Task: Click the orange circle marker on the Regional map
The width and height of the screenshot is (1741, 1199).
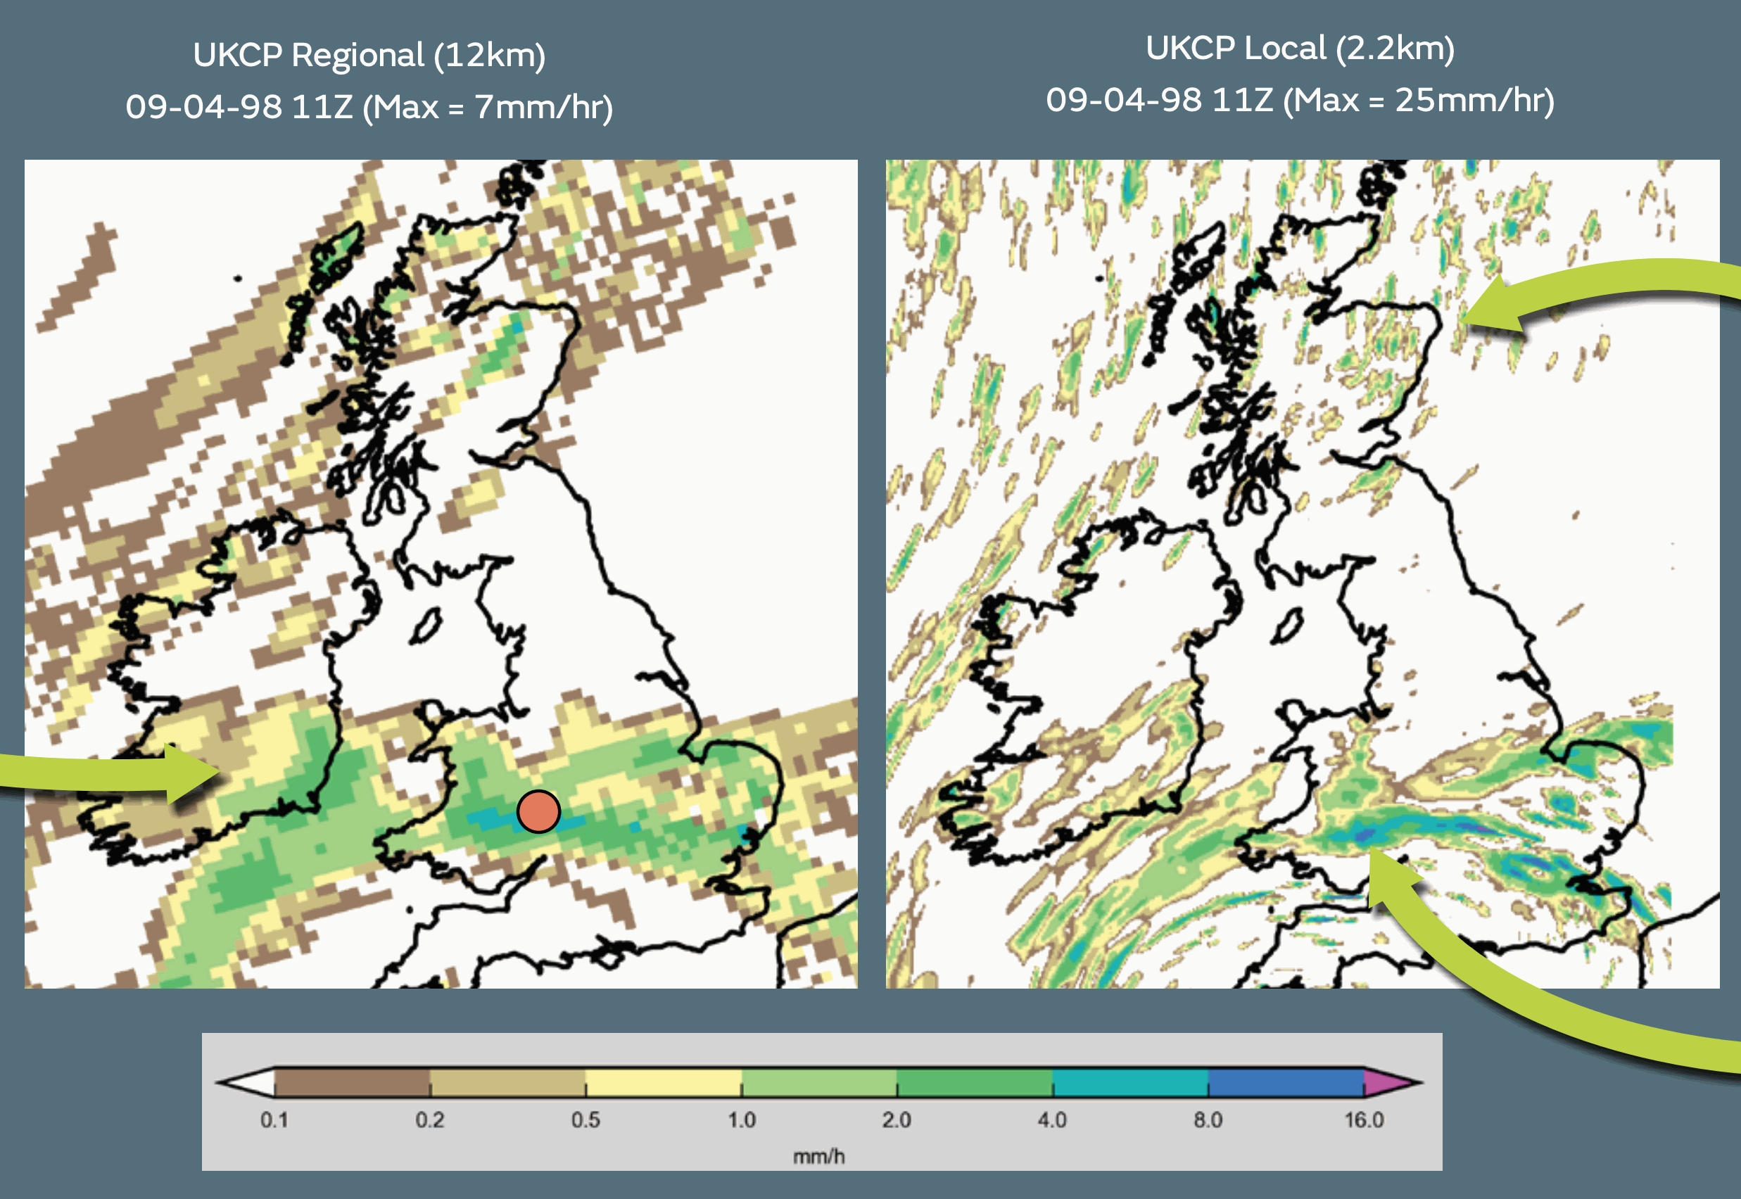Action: pos(538,811)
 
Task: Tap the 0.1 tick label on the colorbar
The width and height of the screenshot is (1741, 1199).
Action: pos(274,1120)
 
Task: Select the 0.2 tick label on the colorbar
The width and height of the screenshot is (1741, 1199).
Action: pos(430,1120)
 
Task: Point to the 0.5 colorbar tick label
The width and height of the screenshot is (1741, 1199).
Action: pos(585,1120)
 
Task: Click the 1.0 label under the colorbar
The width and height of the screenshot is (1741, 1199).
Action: pos(741,1120)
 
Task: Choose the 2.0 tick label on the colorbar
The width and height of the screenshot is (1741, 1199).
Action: pos(897,1120)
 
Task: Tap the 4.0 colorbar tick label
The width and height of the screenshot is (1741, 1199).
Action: pos(1052,1120)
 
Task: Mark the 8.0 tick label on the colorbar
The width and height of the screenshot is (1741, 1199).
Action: pos(1208,1120)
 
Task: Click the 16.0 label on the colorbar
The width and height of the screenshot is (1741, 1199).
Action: pos(1364,1120)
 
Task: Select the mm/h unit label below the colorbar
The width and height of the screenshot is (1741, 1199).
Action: pos(819,1156)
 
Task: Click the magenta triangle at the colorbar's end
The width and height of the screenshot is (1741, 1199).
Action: pos(1386,1083)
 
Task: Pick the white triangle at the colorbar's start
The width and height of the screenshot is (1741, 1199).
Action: pos(252,1083)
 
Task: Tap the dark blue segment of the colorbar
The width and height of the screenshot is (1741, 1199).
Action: pos(1286,1083)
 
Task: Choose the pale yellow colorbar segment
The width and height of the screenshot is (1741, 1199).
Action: pos(664,1083)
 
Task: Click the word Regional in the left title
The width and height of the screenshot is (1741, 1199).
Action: pos(357,56)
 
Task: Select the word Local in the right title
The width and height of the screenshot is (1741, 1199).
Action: pos(1284,49)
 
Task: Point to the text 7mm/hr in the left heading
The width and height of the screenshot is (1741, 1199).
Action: pos(543,108)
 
